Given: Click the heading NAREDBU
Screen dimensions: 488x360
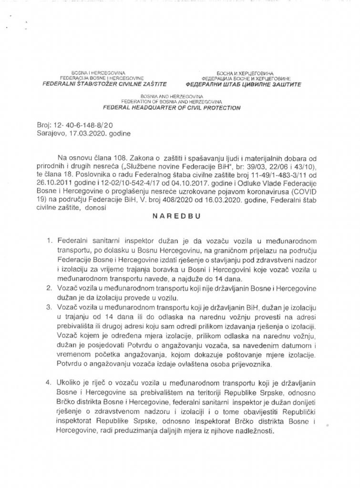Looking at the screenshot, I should pyautogui.click(x=179, y=215).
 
